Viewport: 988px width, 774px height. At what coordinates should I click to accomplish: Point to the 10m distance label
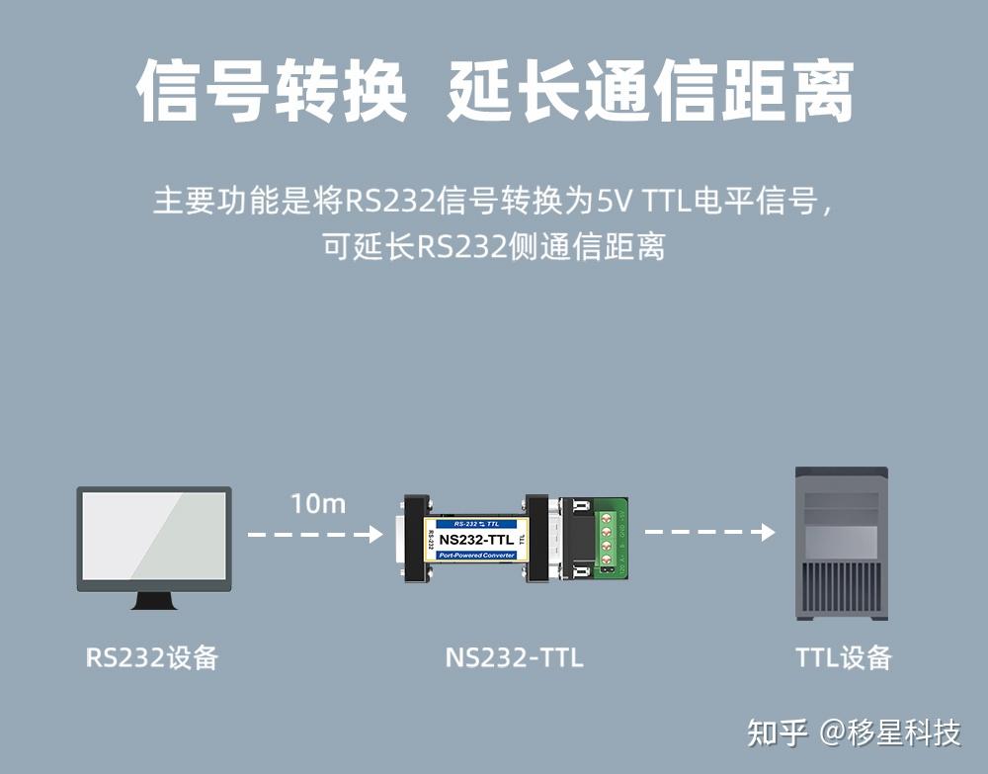pyautogui.click(x=318, y=503)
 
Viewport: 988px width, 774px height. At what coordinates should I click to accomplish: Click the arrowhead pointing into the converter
pyautogui.click(x=375, y=534)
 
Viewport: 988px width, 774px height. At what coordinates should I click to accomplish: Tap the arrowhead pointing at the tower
pyautogui.click(x=768, y=533)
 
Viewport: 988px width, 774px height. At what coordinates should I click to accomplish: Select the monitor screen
pyautogui.click(x=154, y=537)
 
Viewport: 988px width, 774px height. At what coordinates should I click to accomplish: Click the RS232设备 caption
pyautogui.click(x=151, y=657)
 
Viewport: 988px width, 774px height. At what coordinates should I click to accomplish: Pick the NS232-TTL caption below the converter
pyautogui.click(x=514, y=657)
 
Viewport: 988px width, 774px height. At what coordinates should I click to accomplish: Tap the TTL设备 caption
pyautogui.click(x=843, y=657)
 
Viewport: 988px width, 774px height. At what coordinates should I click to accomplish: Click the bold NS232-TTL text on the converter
pyautogui.click(x=476, y=539)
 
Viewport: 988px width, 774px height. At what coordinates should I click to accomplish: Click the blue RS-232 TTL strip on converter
pyautogui.click(x=476, y=522)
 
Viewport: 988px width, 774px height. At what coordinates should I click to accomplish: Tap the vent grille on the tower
pyautogui.click(x=841, y=588)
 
